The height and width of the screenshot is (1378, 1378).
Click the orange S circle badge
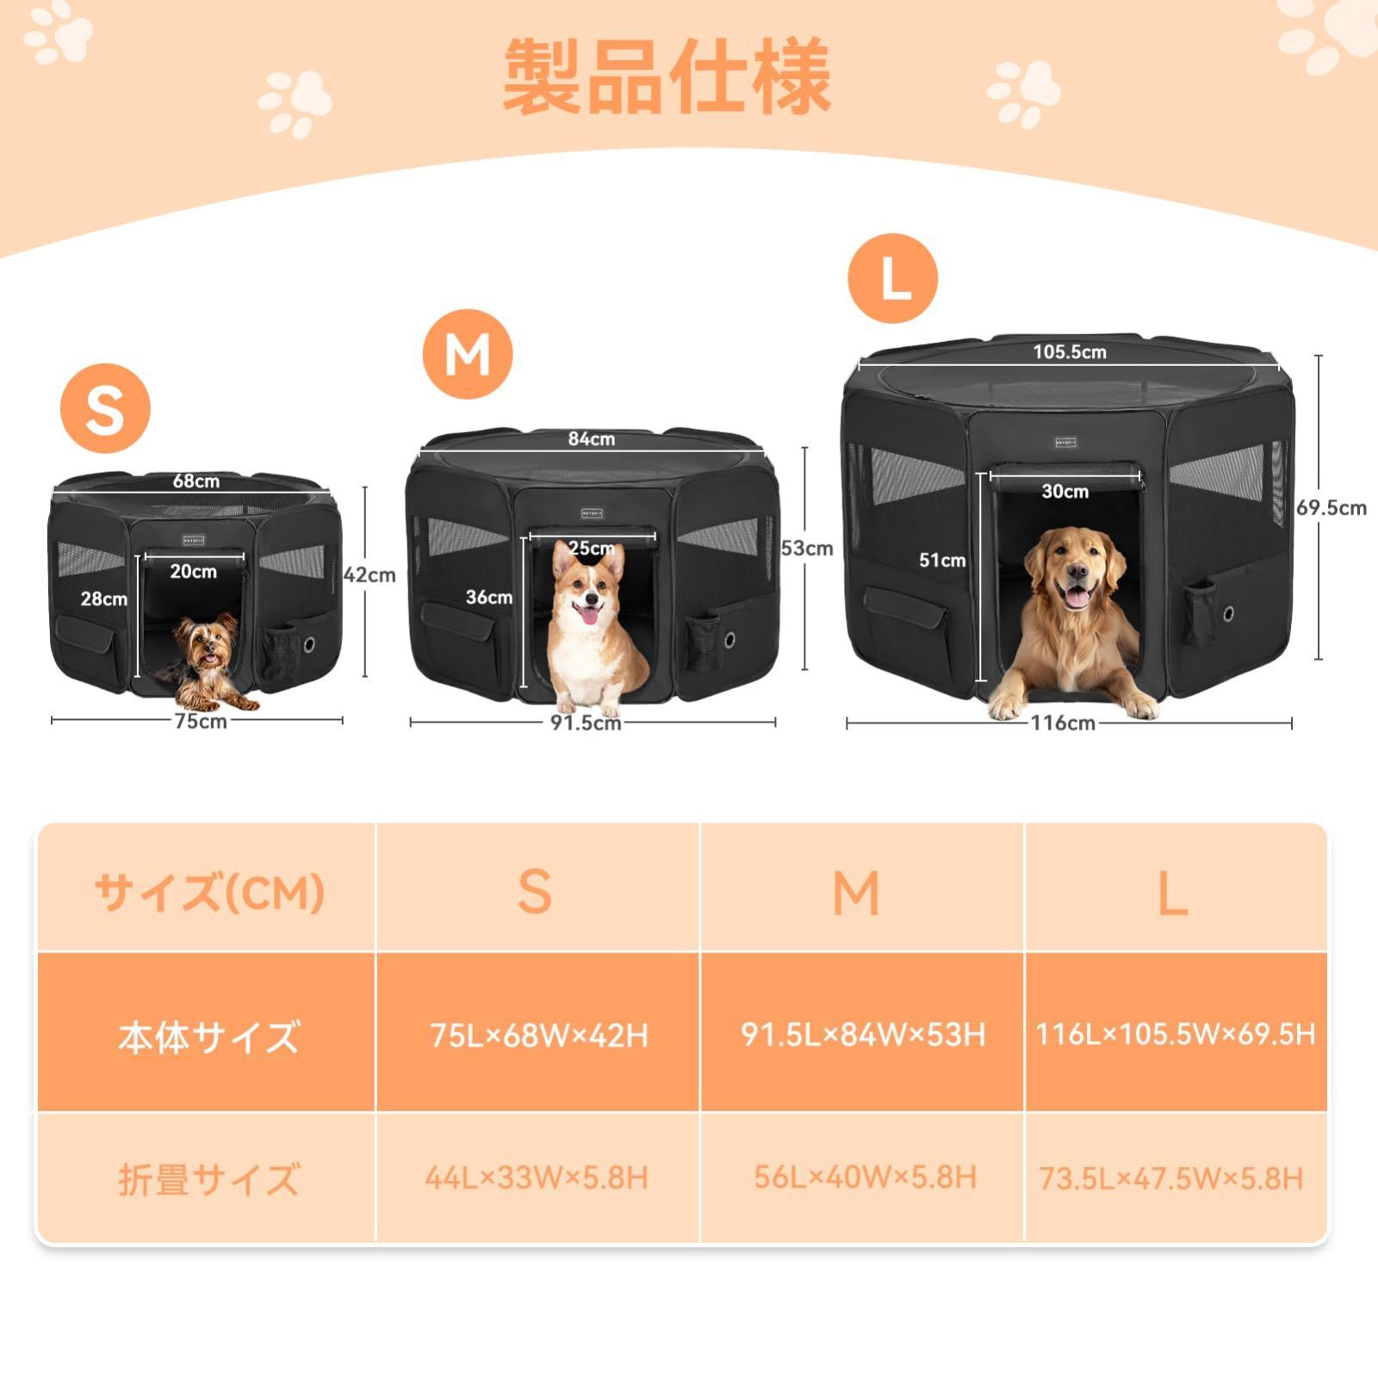105,408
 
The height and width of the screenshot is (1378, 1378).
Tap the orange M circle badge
468,354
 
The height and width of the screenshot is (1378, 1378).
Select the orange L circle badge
893,278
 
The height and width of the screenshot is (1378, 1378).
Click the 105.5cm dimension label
1069,351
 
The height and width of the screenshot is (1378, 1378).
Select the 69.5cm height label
1331,508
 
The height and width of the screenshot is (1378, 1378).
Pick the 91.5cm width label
585,723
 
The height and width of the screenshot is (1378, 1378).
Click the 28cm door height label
104,599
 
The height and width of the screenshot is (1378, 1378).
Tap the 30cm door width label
1065,491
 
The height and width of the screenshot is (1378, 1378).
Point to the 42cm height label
369,574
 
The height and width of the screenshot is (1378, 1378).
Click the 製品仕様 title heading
667,78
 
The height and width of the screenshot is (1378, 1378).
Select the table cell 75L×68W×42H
538,1034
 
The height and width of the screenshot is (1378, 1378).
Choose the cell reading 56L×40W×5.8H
864,1177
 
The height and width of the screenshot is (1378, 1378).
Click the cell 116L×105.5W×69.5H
1175,1033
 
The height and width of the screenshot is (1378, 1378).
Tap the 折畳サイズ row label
208,1179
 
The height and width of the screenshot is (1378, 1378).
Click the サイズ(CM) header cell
208,892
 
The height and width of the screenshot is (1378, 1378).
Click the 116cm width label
1062,723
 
